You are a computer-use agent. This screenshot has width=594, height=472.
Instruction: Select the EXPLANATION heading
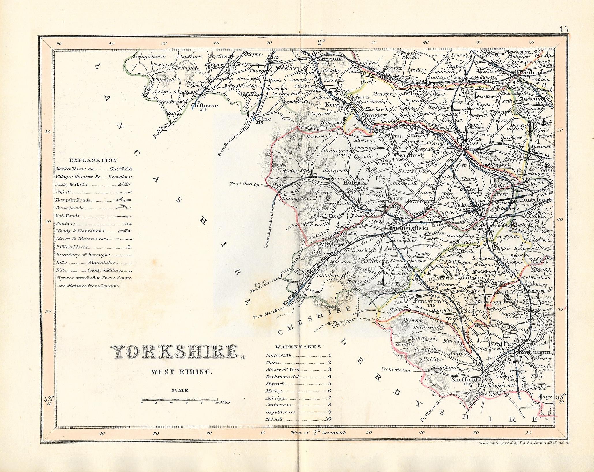click(x=93, y=161)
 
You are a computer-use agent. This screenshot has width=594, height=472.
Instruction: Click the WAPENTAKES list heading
click(x=298, y=347)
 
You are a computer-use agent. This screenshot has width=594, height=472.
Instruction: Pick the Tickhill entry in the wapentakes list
click(x=274, y=419)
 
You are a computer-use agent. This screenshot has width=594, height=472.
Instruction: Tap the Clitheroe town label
click(x=204, y=106)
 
